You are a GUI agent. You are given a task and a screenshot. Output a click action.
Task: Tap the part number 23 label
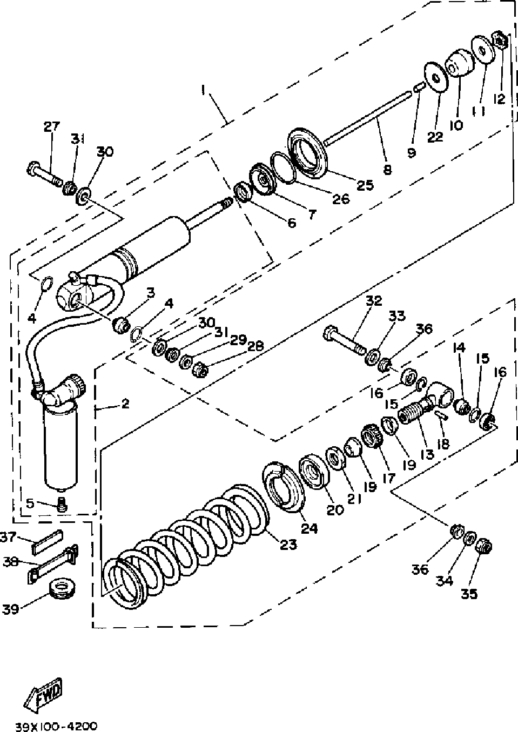[x=288, y=544]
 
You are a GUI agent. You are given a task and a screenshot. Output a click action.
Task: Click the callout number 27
[x=52, y=127]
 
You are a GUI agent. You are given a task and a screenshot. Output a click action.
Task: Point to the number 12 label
[x=499, y=99]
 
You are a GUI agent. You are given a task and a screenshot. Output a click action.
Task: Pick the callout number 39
[x=11, y=609]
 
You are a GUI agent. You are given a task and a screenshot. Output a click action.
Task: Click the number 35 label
[x=469, y=594]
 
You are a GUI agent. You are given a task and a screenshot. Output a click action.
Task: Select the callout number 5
[x=30, y=503]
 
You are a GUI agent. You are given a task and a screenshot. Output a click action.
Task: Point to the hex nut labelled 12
[x=500, y=41]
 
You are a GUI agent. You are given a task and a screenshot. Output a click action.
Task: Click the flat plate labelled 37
[x=48, y=541]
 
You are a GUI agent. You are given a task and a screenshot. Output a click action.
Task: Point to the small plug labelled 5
[x=62, y=505]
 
